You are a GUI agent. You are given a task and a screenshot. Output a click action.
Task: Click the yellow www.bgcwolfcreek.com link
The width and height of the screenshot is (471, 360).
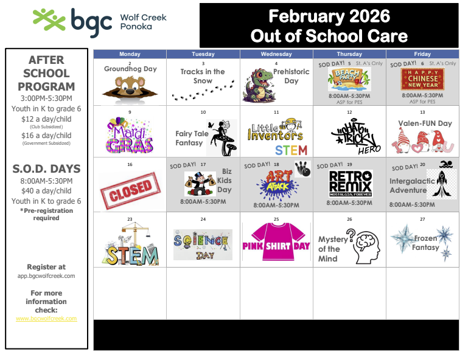pyautogui.click(x=46, y=319)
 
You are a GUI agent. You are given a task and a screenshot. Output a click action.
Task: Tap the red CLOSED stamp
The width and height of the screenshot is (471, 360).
pyautogui.click(x=129, y=189)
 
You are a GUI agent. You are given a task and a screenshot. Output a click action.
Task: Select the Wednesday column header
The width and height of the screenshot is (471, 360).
pyautogui.click(x=276, y=54)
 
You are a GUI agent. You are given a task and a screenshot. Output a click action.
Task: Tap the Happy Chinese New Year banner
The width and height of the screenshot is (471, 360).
pyautogui.click(x=422, y=78)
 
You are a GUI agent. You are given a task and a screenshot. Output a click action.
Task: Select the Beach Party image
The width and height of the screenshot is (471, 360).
pyautogui.click(x=349, y=79)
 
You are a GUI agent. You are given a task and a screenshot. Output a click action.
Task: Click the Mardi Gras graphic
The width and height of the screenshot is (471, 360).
pyautogui.click(x=129, y=136)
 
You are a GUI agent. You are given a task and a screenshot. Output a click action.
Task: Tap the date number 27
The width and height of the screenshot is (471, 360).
pyautogui.click(x=422, y=219)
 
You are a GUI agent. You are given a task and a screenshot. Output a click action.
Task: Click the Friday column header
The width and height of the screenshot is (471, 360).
pyautogui.click(x=422, y=54)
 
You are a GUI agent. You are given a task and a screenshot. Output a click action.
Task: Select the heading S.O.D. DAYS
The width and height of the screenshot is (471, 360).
pyautogui.click(x=46, y=168)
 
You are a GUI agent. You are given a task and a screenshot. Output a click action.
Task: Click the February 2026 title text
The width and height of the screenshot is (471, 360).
pyautogui.click(x=329, y=16)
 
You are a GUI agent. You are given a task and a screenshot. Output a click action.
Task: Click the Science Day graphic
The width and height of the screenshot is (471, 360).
pyautogui.click(x=203, y=244)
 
